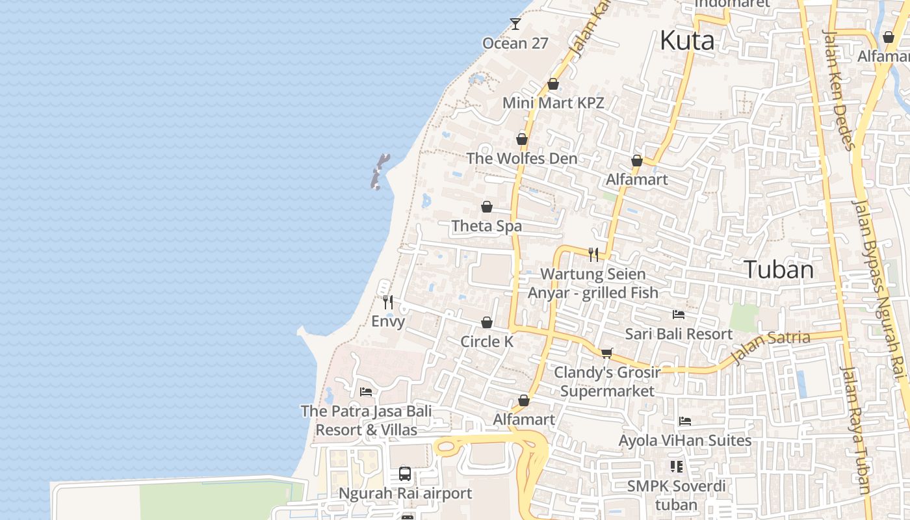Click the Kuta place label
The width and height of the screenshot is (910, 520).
pos(687,41)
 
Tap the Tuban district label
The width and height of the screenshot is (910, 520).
pos(778,269)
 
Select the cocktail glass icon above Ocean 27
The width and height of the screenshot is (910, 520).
pos(515,24)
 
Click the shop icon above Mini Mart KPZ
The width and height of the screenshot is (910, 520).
pos(553,84)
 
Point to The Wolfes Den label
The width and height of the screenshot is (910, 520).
pos(522,159)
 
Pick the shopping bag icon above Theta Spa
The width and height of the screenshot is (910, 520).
pos(487,207)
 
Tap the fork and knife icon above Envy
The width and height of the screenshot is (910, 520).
pos(388,302)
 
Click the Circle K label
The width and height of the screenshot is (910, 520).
pos(487,341)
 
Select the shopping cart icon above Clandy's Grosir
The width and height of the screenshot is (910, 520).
pos(606,353)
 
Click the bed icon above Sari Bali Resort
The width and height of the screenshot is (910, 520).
pos(679,315)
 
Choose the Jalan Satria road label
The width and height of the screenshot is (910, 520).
pos(771,348)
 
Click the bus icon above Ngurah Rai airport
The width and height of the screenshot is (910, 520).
pos(405,473)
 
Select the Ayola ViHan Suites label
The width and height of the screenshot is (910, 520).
pos(685,441)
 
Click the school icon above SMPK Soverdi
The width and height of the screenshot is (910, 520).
pos(677,467)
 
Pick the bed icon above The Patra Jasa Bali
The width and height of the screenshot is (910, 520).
pos(366,392)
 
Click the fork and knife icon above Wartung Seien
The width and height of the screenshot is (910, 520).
pos(593,254)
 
